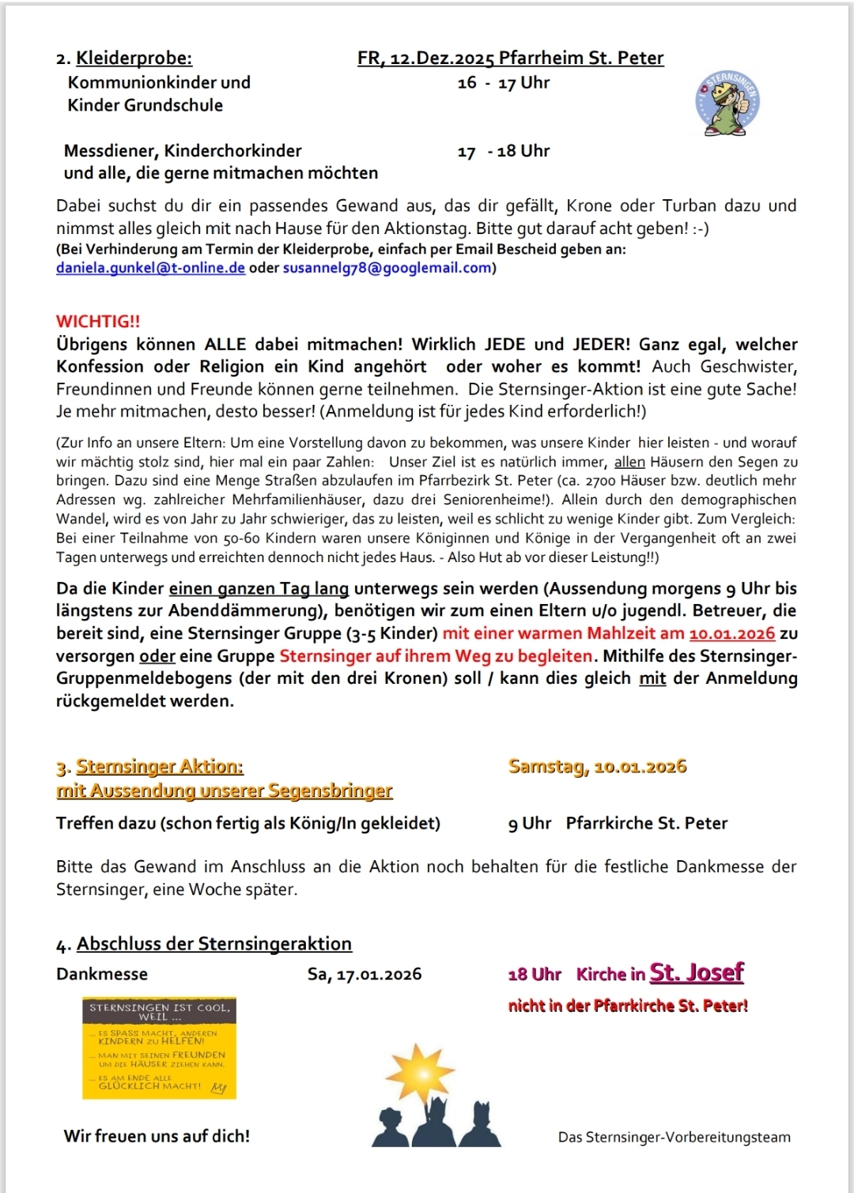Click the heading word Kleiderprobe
point(134,58)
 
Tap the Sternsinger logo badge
point(727,103)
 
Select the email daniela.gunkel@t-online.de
point(150,268)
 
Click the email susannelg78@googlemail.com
point(387,268)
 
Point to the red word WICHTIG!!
point(98,321)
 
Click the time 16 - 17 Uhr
point(503,83)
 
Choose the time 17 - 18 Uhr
point(503,151)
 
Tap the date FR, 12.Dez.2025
point(425,58)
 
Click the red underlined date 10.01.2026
point(731,633)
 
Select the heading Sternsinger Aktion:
point(159,766)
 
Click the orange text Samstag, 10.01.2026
point(597,766)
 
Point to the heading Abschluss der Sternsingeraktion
point(213,943)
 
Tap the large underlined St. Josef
point(697,972)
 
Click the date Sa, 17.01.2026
point(365,974)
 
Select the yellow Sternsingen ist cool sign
point(159,1048)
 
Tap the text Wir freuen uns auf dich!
point(157,1136)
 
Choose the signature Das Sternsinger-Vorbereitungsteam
point(674,1137)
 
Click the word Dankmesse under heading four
point(102,974)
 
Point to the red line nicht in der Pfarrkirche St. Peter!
point(628,1006)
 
